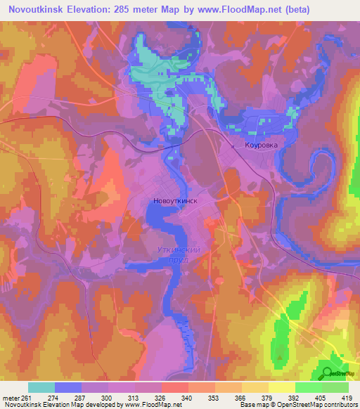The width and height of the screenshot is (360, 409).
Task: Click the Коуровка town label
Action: [261, 145]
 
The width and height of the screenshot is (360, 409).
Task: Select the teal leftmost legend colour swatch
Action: [41, 387]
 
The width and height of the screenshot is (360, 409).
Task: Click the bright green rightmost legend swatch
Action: [335, 387]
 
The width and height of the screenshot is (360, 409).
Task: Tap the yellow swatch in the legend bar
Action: [282, 387]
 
